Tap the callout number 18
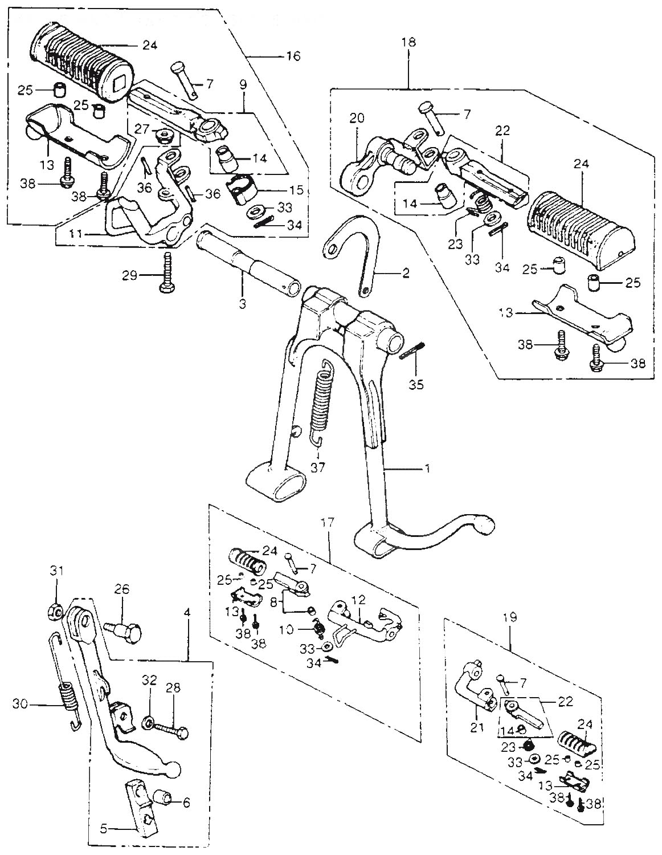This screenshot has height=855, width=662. [x=409, y=43]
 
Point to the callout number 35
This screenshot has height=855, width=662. [x=418, y=385]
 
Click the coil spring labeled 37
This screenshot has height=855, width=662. [x=323, y=399]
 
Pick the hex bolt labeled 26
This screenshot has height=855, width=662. [x=124, y=630]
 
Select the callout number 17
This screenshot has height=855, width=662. [x=330, y=522]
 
